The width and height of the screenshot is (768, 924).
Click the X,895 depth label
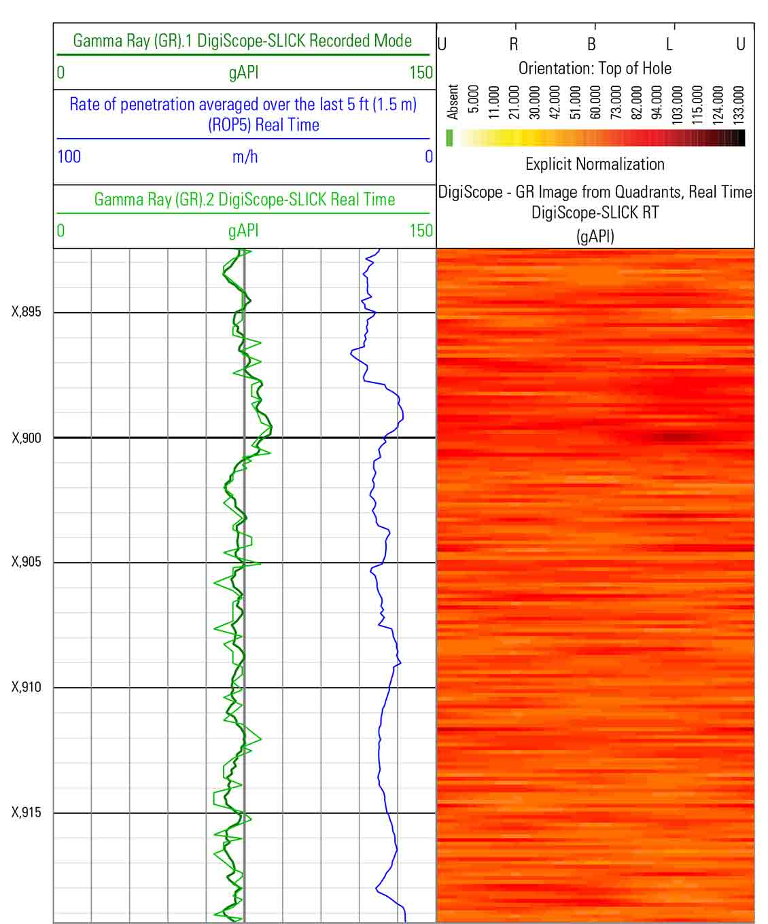click(27, 312)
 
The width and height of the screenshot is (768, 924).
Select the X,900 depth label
click(27, 438)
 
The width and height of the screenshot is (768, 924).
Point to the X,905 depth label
click(27, 562)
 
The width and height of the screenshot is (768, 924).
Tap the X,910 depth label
click(27, 687)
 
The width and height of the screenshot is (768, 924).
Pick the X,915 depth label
click(27, 813)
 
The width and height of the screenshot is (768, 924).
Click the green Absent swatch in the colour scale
click(449, 138)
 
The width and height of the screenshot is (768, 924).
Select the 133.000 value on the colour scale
click(739, 102)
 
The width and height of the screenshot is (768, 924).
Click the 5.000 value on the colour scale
click(474, 102)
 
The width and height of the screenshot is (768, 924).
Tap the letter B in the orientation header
click(591, 45)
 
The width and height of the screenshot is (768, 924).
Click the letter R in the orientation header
click(514, 45)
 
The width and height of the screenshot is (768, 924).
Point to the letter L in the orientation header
click(669, 45)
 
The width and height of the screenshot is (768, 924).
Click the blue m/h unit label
click(245, 157)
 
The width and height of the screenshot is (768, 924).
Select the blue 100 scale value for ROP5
click(69, 157)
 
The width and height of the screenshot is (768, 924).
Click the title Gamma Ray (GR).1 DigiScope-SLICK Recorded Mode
click(242, 41)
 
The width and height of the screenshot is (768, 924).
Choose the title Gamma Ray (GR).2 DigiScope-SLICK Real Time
click(244, 200)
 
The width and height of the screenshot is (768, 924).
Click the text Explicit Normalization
click(595, 164)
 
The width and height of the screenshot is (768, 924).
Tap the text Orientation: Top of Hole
click(595, 69)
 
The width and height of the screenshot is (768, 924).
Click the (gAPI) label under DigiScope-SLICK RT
click(595, 236)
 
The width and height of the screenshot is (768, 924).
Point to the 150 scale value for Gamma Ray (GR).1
click(421, 73)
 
